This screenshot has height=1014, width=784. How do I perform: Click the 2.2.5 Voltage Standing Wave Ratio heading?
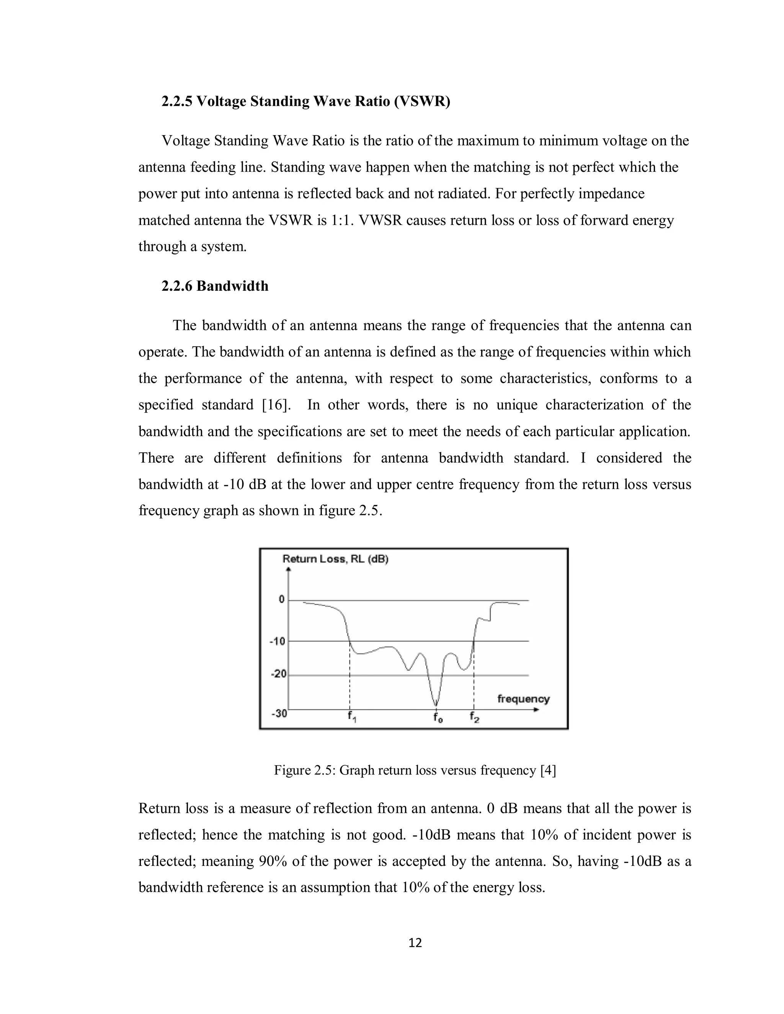pos(305,101)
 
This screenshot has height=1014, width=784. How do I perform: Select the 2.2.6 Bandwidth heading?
pos(215,286)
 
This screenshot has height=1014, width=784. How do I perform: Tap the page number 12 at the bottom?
pos(415,942)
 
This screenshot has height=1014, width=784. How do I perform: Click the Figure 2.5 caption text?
pos(414,770)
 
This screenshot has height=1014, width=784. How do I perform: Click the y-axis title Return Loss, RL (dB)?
pos(335,559)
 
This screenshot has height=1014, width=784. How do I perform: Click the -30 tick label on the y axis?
pos(279,714)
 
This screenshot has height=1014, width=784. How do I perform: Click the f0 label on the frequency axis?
pos(437,717)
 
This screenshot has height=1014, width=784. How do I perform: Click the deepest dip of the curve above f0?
pos(436,705)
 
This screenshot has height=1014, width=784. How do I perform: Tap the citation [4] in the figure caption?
pos(548,770)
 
